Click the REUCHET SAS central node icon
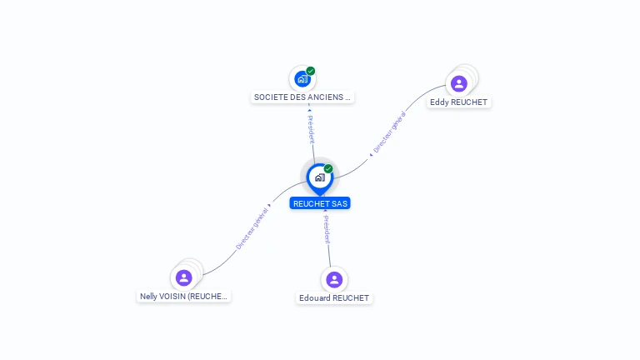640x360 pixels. pyautogui.click(x=319, y=177)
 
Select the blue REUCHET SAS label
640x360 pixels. pyautogui.click(x=320, y=203)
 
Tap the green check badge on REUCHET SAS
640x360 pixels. pyautogui.click(x=328, y=168)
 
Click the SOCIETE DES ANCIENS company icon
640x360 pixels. pyautogui.click(x=302, y=79)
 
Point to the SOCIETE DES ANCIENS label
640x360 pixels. pyautogui.click(x=302, y=97)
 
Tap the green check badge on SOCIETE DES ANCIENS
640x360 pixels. pyautogui.click(x=311, y=71)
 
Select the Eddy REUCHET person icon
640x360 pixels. pyautogui.click(x=458, y=83)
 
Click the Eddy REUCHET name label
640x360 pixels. pyautogui.click(x=458, y=102)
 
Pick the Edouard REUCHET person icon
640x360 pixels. pyautogui.click(x=334, y=279)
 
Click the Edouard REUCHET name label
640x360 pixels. pyautogui.click(x=334, y=298)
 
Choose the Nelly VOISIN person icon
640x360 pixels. pyautogui.click(x=184, y=277)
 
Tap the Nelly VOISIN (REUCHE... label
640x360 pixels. pyautogui.click(x=183, y=296)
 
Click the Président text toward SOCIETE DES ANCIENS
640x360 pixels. pyautogui.click(x=311, y=127)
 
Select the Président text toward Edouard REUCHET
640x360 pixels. pyautogui.click(x=327, y=229)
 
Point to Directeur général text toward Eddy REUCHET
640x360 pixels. pyautogui.click(x=388, y=133)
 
